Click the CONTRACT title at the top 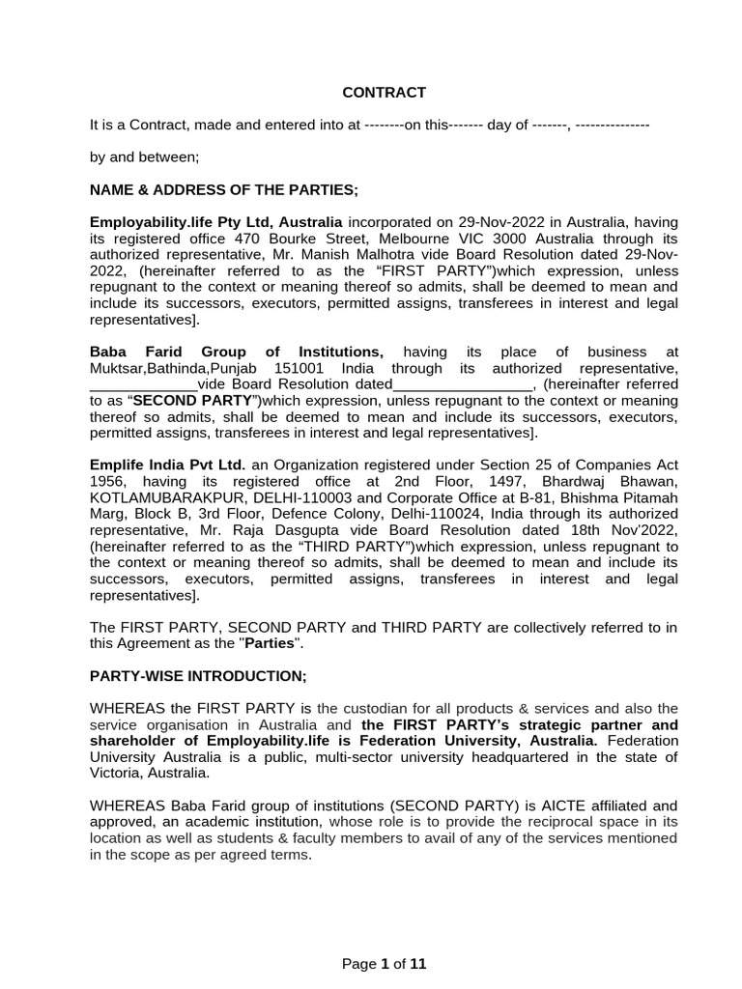coord(385,93)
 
